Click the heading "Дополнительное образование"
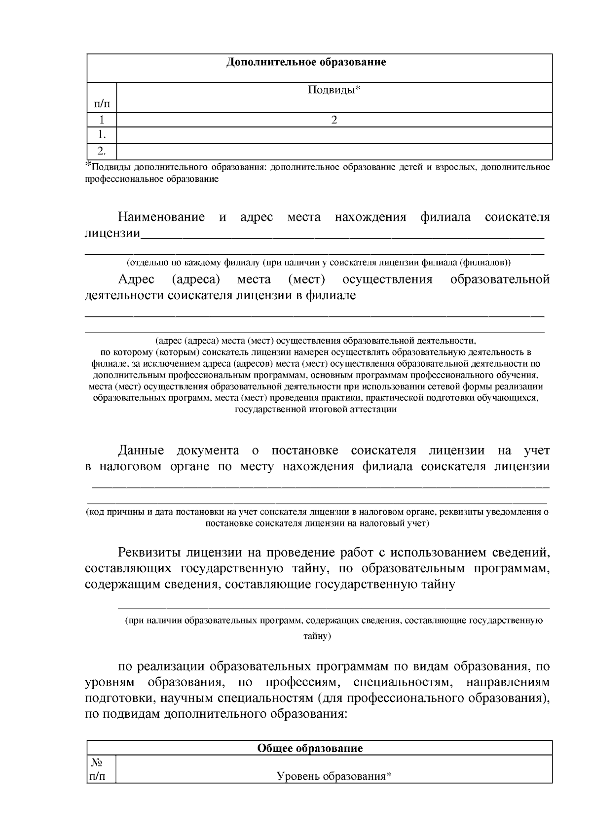point(306,62)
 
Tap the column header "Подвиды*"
point(334,90)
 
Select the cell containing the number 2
point(334,120)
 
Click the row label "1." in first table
point(102,135)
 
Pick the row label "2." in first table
point(102,151)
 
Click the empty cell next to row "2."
point(334,151)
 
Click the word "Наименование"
point(161,217)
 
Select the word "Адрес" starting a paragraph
point(136,279)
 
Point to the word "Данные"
point(141,450)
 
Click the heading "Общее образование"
point(310,748)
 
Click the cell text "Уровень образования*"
point(334,777)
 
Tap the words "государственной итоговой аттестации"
point(316,409)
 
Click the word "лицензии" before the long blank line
point(112,233)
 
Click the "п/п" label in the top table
point(102,104)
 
